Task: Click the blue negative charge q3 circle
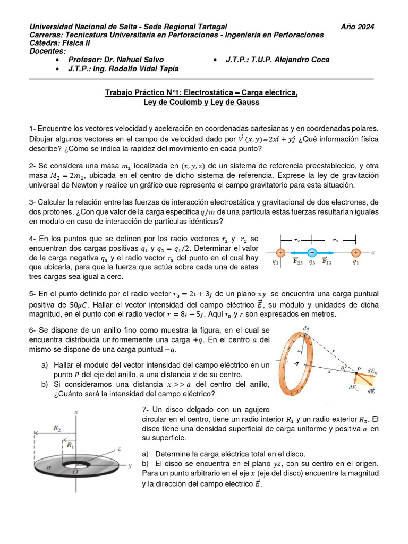tap(312, 253)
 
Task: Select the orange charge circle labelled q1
tap(356, 253)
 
